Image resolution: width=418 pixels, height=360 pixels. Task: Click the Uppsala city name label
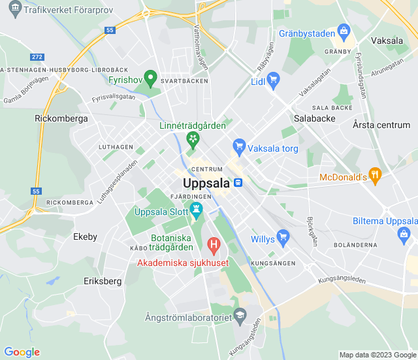[x=206, y=183]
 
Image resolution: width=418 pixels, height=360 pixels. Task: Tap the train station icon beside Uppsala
[x=239, y=183]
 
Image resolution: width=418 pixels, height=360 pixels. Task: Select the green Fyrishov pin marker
[x=150, y=78]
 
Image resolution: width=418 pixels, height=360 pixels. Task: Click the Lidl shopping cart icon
[x=274, y=80]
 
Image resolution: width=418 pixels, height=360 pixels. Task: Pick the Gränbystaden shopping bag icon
[x=344, y=31]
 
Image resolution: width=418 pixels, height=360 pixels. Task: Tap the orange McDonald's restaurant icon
[x=374, y=175]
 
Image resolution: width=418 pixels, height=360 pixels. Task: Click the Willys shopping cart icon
[x=283, y=236]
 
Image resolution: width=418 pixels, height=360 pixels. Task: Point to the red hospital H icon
[x=214, y=245]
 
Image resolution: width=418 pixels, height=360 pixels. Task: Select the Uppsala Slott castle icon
[x=197, y=210]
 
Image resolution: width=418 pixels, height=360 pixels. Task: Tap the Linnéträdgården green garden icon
[x=193, y=139]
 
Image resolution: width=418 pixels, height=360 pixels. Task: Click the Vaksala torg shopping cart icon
[x=239, y=146]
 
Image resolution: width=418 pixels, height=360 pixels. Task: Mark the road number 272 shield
[x=37, y=57]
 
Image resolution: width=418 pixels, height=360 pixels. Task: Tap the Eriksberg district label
[x=103, y=281]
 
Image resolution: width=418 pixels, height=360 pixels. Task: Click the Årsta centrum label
[x=381, y=125]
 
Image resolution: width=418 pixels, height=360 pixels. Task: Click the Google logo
[x=22, y=352]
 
